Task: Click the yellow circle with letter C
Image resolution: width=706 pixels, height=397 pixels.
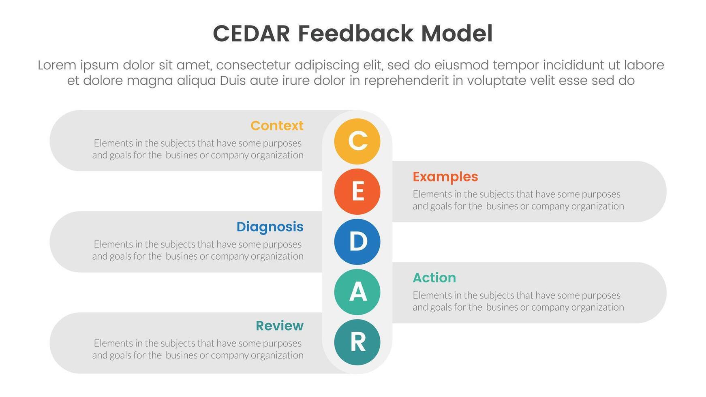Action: point(357,141)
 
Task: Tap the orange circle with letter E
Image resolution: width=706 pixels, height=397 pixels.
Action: point(357,192)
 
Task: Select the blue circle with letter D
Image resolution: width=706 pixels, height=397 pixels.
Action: point(357,242)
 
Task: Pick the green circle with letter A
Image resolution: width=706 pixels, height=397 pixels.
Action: point(357,292)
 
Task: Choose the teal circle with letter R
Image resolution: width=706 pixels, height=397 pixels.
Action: point(357,342)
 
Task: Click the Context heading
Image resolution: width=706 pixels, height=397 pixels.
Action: point(277,126)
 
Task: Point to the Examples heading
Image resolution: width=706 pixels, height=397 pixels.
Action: point(445,177)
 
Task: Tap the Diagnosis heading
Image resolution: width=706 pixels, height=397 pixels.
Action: point(270,227)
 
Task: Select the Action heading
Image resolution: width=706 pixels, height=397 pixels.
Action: point(434,278)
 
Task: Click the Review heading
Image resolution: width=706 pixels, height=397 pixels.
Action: point(279,326)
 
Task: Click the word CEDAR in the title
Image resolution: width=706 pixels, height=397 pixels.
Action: point(251,34)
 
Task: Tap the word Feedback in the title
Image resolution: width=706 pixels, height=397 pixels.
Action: point(355,34)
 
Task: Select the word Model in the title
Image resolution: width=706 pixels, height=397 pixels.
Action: point(457,34)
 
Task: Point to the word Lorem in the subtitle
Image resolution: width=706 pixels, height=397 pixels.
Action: point(57,65)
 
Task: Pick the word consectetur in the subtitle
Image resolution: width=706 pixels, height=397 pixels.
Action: point(253,65)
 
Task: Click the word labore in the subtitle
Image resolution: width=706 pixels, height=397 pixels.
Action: point(644,65)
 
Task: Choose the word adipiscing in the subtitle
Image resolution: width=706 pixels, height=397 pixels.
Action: point(327,65)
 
